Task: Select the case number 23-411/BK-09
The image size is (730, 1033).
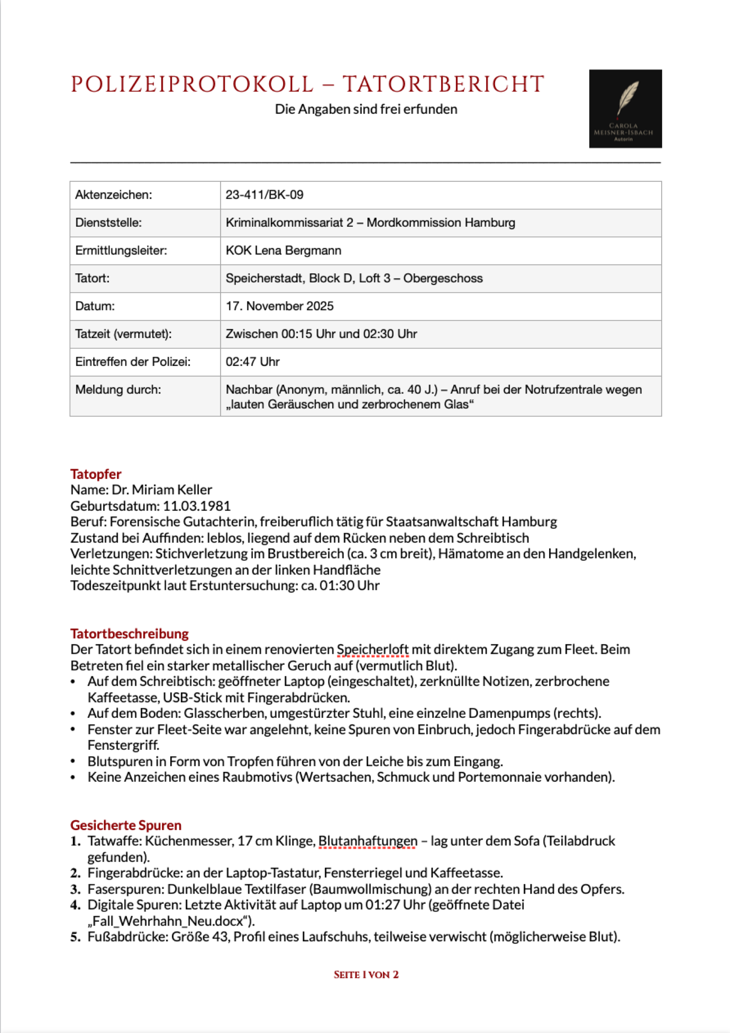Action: point(264,195)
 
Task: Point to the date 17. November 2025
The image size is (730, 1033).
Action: point(279,306)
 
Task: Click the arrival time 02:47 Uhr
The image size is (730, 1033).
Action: point(252,362)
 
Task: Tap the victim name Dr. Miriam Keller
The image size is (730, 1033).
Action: point(161,489)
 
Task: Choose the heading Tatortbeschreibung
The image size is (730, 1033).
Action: point(129,633)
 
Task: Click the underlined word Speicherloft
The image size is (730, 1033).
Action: point(372,649)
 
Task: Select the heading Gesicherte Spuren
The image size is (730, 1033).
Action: point(126,825)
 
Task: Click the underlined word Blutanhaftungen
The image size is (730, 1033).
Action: point(367,841)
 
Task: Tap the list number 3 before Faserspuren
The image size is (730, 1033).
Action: point(75,889)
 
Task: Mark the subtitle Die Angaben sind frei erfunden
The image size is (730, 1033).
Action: point(366,109)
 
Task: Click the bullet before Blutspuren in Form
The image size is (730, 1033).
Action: point(73,762)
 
